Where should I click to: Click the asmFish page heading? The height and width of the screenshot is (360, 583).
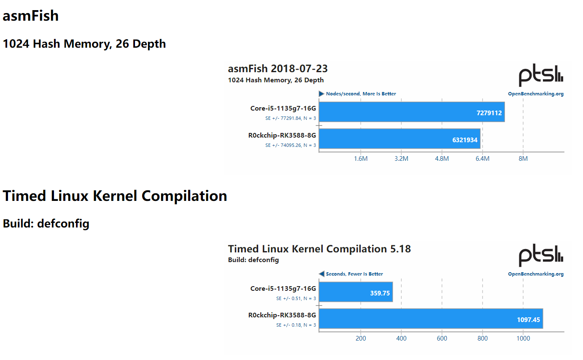click(x=30, y=16)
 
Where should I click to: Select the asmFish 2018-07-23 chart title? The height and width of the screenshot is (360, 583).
click(x=278, y=69)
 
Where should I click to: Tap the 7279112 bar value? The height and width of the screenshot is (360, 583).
click(x=489, y=113)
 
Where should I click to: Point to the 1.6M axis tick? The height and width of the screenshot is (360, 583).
click(x=361, y=159)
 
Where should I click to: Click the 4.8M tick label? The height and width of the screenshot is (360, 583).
click(x=442, y=159)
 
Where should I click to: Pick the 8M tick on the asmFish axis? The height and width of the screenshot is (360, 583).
click(x=523, y=159)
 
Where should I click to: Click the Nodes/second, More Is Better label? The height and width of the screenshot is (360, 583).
click(x=361, y=94)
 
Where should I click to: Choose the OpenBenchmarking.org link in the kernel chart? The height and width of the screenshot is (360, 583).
click(x=536, y=274)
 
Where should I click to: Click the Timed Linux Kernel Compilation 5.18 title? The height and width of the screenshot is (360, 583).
click(x=319, y=249)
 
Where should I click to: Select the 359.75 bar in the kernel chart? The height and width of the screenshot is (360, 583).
click(x=356, y=292)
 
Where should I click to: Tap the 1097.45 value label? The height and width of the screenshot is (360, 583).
click(x=528, y=320)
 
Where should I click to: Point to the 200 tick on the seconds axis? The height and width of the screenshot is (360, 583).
click(x=361, y=338)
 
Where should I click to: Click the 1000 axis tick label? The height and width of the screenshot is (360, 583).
click(x=523, y=338)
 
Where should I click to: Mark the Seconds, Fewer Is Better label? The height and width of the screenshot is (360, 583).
click(x=354, y=274)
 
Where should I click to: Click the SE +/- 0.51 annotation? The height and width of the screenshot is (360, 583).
click(x=296, y=299)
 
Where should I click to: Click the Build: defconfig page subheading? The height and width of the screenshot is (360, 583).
click(x=46, y=223)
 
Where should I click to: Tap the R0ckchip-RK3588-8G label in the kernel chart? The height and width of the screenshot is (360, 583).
click(x=282, y=315)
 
